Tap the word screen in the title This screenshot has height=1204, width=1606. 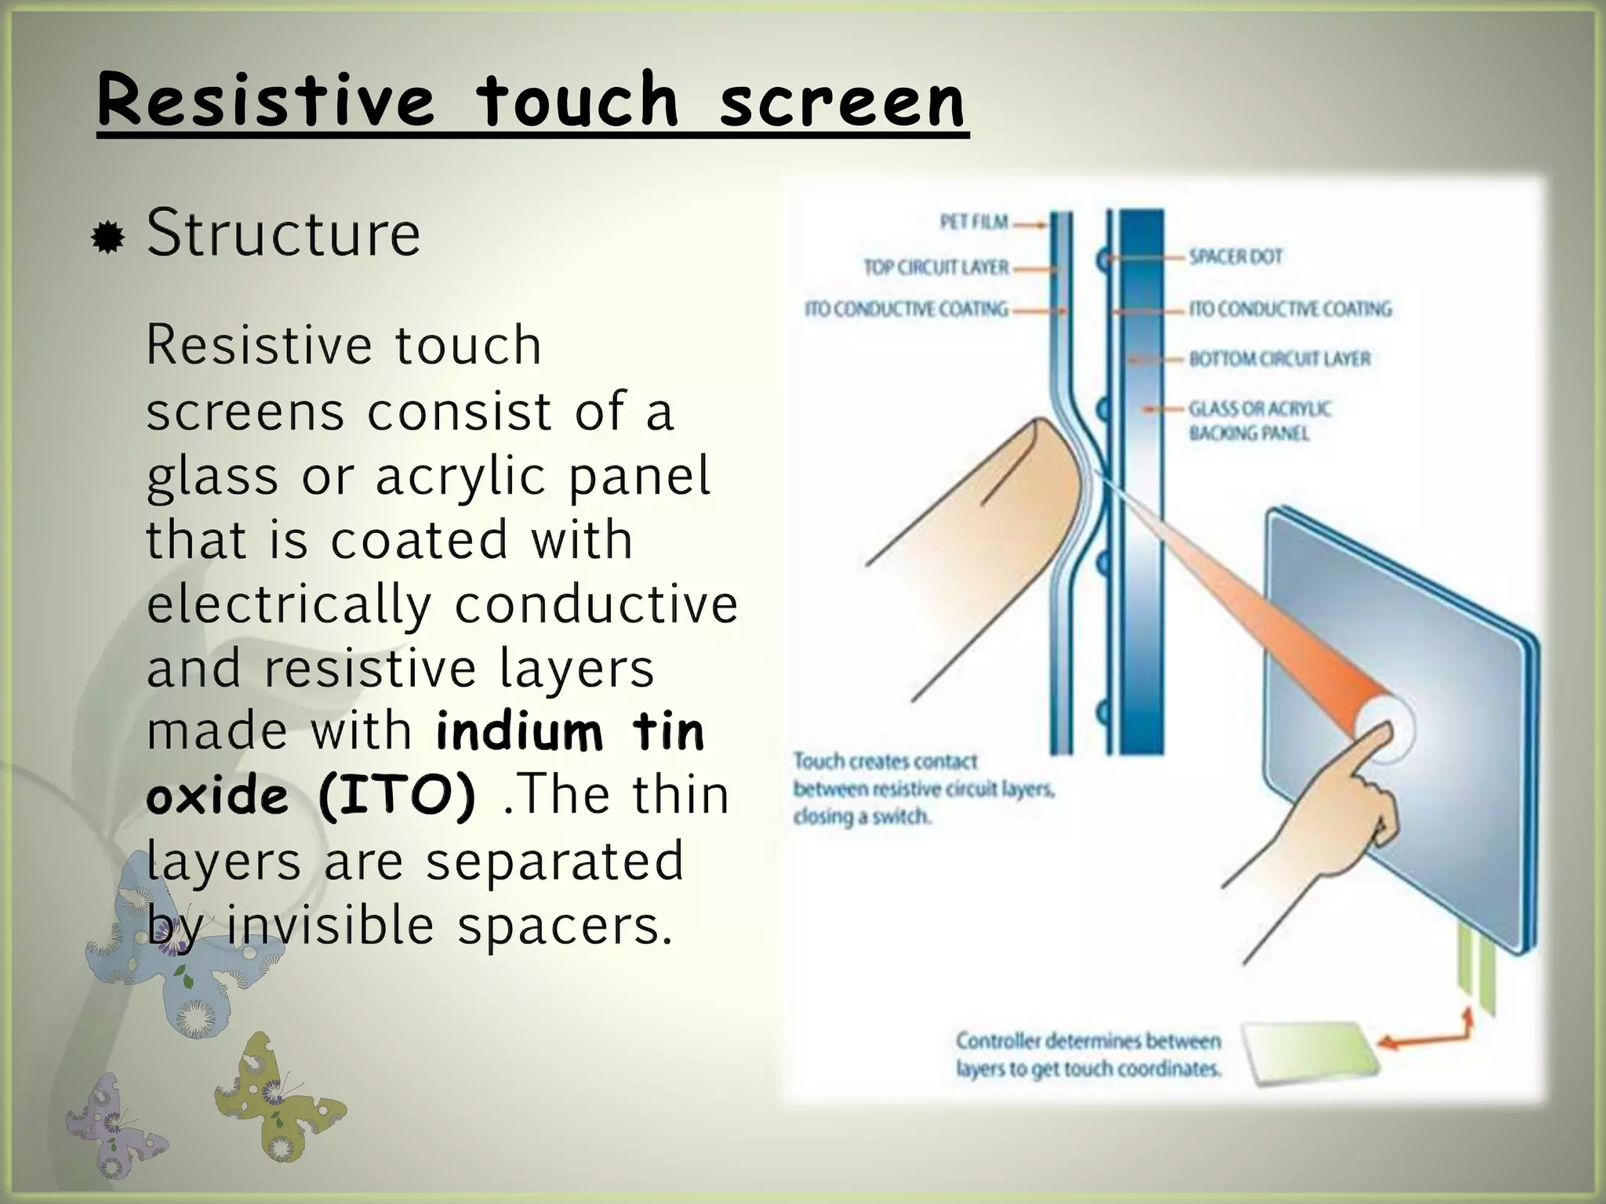click(842, 100)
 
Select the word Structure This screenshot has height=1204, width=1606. click(283, 233)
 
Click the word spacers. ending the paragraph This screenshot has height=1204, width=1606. click(565, 926)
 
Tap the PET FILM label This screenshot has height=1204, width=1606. click(973, 223)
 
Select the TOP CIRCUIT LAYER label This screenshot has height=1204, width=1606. click(936, 267)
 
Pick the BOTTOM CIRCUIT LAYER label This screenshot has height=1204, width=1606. click(1279, 359)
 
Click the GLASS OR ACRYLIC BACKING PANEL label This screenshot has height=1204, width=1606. click(1259, 421)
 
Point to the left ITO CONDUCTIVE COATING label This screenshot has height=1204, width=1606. click(906, 310)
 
